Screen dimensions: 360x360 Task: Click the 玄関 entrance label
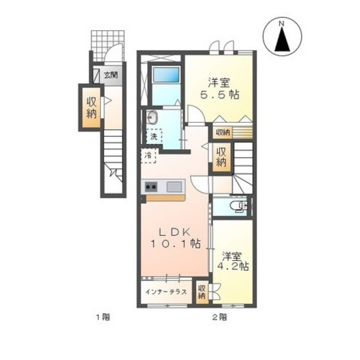tap(111, 75)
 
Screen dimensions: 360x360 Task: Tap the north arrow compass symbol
tap(282, 36)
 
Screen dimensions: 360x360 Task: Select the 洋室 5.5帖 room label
tap(219, 89)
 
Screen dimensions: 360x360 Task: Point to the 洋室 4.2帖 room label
tap(233, 262)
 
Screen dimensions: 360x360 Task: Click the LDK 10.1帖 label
tap(175, 238)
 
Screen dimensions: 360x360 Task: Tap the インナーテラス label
tap(166, 292)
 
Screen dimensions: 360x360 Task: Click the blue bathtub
tap(166, 75)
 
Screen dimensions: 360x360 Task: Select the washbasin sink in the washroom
tap(151, 118)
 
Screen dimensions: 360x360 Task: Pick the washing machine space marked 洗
tap(154, 136)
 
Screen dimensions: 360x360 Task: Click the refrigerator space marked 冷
tap(148, 156)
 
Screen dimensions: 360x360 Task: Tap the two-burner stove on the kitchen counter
tap(151, 186)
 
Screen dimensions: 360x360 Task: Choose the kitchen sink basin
tap(174, 186)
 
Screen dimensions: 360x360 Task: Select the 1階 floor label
tap(103, 318)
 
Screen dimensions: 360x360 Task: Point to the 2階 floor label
tap(220, 318)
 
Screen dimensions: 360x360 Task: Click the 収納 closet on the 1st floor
tap(91, 107)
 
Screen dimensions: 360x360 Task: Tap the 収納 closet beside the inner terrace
tap(202, 292)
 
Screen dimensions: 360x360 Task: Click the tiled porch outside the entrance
tap(108, 46)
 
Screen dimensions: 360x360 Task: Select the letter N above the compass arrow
tap(282, 23)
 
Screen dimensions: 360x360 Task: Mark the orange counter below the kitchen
tap(166, 198)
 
